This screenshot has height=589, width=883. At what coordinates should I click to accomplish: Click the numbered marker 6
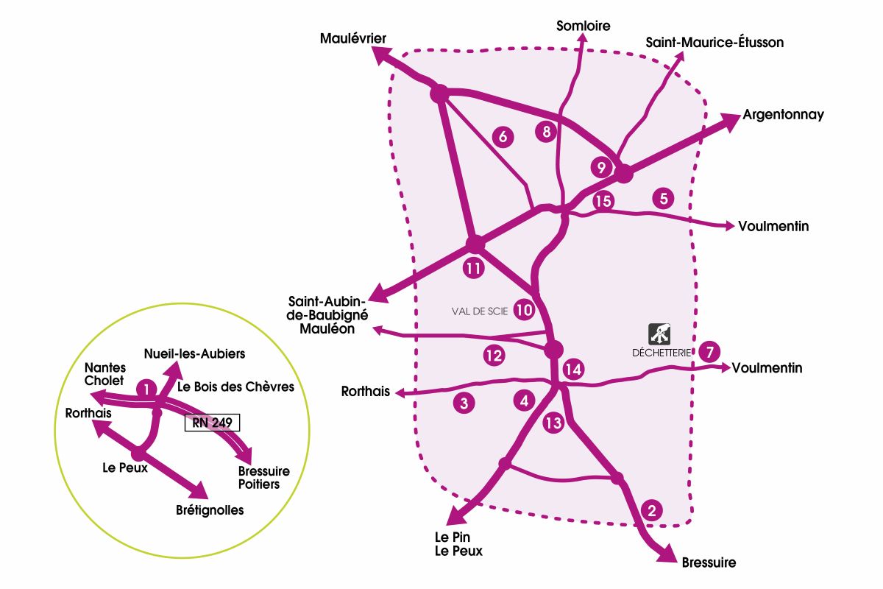(503, 137)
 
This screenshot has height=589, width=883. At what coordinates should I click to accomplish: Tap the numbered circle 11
(474, 269)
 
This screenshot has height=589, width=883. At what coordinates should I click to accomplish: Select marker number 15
(603, 200)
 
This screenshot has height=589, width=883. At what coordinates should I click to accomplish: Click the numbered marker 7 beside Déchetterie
(709, 351)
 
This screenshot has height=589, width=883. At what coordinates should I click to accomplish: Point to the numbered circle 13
(553, 423)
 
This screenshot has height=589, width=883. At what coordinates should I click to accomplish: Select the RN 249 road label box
(212, 423)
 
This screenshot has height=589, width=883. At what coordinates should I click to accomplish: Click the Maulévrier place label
(353, 38)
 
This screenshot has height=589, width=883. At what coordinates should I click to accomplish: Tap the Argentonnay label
(783, 115)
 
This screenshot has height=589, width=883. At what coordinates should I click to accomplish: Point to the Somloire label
(584, 26)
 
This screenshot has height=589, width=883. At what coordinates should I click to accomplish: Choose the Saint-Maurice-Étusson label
(714, 43)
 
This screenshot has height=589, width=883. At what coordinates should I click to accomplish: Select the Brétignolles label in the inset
(210, 509)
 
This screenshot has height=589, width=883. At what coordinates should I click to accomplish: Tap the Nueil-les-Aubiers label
(194, 353)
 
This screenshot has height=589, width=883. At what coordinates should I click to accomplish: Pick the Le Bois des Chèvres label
(235, 387)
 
